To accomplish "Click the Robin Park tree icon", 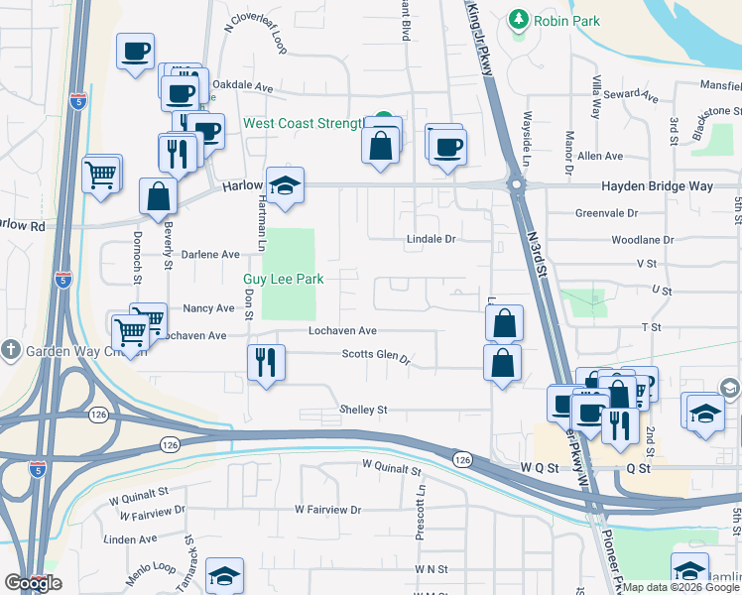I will pyautogui.click(x=517, y=19).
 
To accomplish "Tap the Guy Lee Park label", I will pyautogui.click(x=284, y=280).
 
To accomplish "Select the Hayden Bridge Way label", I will pyautogui.click(x=657, y=185).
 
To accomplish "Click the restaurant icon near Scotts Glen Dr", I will pyautogui.click(x=265, y=363).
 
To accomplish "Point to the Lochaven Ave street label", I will pyautogui.click(x=342, y=330).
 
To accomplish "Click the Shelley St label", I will pyautogui.click(x=363, y=409).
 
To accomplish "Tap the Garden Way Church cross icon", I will pyautogui.click(x=10, y=349).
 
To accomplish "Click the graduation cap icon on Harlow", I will pyautogui.click(x=285, y=185).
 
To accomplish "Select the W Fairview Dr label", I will pyautogui.click(x=328, y=509).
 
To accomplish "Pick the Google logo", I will pyautogui.click(x=33, y=583).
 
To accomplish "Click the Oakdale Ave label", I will pyautogui.click(x=243, y=86).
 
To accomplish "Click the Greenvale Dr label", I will pyautogui.click(x=606, y=212).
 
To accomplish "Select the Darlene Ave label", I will pyautogui.click(x=209, y=254).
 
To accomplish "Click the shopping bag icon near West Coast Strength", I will pyautogui.click(x=382, y=147).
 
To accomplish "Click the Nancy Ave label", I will pyautogui.click(x=208, y=308).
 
